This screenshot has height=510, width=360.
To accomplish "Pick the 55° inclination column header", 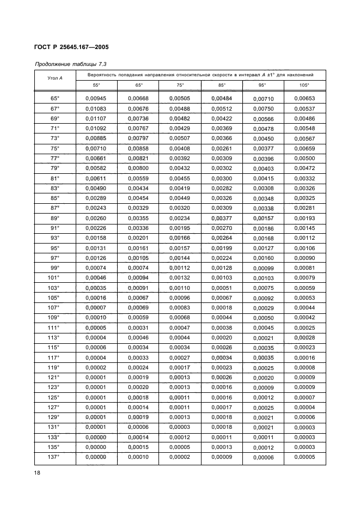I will tap(96, 86).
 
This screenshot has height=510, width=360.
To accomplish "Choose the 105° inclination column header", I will tap(304, 86).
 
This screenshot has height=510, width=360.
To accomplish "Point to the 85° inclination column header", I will tap(222, 86).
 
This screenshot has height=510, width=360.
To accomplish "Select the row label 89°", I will tap(54, 217).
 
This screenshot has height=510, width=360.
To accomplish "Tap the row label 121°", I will tap(54, 377).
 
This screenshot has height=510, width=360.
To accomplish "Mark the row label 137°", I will tap(54, 457).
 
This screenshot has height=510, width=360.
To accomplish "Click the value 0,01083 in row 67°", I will tap(96, 108).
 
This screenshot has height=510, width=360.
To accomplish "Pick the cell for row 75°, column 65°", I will tap(138, 148).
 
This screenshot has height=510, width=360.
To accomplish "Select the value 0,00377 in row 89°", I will tap(222, 217).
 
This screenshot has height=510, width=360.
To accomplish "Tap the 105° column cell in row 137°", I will tap(304, 457).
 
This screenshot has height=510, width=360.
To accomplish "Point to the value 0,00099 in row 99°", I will tap(263, 269).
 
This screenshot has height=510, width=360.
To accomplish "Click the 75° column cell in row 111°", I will tap(180, 327).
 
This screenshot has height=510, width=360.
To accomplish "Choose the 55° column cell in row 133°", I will tap(96, 436).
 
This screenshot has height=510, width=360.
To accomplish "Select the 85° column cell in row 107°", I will tap(222, 307).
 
